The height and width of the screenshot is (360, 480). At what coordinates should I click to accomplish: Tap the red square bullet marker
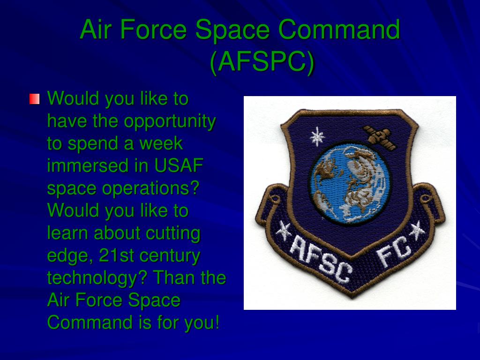(34, 99)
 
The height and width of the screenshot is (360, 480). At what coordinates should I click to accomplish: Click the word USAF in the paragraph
(181, 166)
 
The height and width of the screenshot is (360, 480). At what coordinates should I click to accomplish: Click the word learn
(68, 233)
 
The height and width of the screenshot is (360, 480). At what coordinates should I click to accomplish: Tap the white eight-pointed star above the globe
(317, 137)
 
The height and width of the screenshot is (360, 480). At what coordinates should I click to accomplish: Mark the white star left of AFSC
(282, 231)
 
